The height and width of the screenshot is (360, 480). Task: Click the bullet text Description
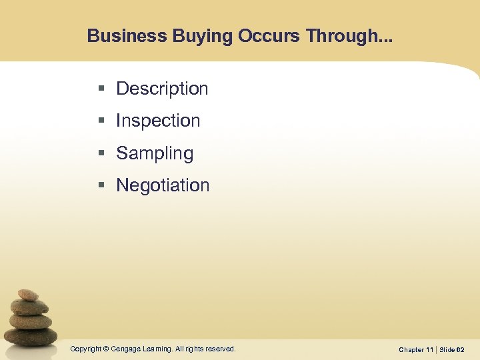162,89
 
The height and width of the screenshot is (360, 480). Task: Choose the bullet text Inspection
158,121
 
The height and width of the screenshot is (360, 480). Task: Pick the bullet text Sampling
155,153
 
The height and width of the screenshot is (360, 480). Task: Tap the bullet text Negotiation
163,185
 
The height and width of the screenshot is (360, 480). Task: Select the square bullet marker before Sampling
101,153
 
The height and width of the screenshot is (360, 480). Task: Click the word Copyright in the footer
86,349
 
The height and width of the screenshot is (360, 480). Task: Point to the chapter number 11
429,349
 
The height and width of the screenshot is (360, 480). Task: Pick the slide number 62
460,349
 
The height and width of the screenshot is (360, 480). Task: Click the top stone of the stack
28,295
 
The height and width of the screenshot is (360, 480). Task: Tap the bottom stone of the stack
32,336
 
